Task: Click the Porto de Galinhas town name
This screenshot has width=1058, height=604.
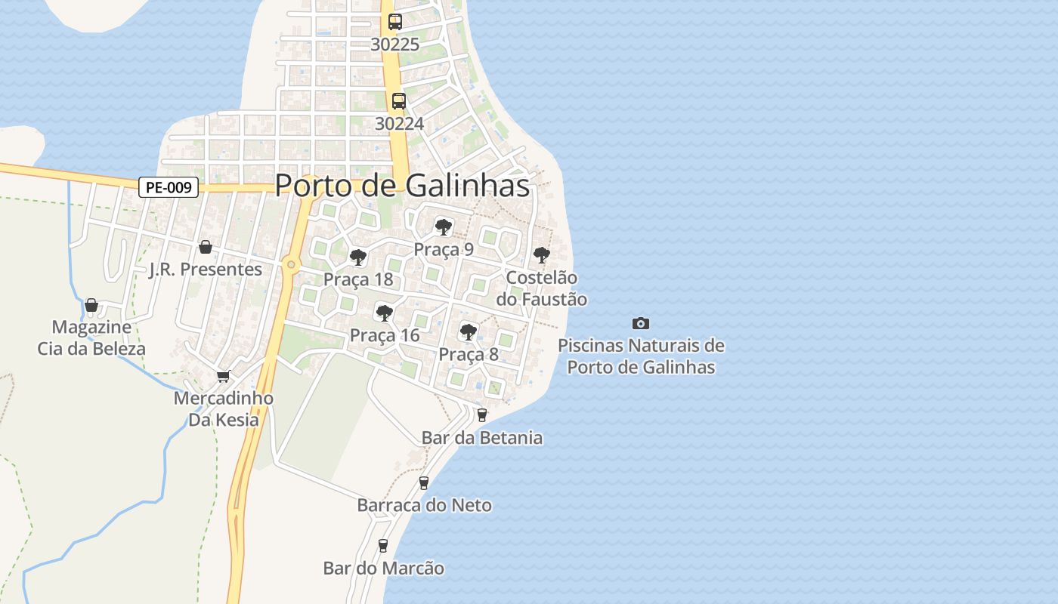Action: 402,186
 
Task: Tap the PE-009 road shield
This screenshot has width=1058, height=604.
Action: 169,187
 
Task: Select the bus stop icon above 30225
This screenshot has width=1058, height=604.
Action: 395,22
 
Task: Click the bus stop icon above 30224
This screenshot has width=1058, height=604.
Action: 398,101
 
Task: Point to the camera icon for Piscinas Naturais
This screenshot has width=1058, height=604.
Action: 640,324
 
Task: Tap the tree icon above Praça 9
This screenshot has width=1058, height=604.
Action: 444,226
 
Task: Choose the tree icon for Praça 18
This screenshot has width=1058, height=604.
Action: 358,257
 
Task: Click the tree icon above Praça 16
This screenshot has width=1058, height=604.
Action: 384,313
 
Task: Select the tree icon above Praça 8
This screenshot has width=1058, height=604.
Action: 469,331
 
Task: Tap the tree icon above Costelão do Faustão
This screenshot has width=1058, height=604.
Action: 541,255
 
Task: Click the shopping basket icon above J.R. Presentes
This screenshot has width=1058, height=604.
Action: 205,247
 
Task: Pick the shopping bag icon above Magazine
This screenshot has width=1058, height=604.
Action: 91,305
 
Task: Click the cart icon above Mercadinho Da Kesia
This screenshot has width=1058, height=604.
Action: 223,376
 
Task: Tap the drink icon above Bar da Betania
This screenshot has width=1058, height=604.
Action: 482,415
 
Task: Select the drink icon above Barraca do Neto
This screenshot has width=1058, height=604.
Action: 424,483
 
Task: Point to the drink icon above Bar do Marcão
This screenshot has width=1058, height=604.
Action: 383,545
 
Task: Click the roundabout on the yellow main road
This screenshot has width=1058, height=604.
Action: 291,264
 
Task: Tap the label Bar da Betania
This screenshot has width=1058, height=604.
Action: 482,438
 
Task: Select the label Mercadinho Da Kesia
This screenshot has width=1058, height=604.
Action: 224,408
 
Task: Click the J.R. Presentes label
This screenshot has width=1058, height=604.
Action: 206,270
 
